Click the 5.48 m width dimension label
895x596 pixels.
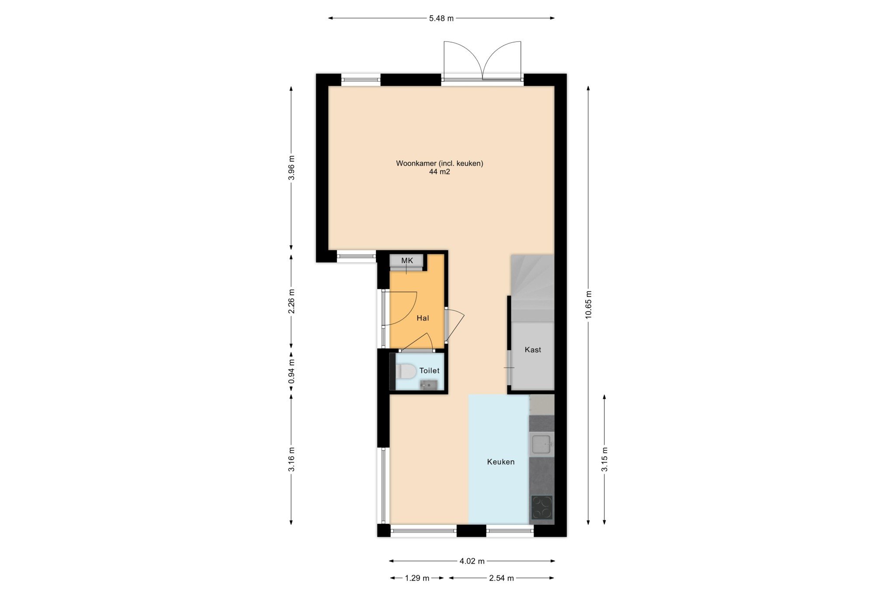(x=441, y=18)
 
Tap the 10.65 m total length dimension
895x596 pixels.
(x=589, y=305)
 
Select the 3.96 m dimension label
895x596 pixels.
(x=291, y=168)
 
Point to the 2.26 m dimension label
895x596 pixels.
(x=291, y=301)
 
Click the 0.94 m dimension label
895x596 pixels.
(x=291, y=371)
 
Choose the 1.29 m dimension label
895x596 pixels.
(x=417, y=578)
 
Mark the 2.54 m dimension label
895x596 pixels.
(x=501, y=578)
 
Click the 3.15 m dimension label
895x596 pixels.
(x=605, y=459)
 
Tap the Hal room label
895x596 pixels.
(x=423, y=318)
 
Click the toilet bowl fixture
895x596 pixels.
(x=406, y=372)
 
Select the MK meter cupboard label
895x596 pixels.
(x=407, y=261)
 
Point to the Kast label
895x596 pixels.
(x=533, y=350)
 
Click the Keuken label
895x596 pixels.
(x=501, y=462)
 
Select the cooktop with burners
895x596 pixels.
(x=542, y=507)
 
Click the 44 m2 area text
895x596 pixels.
(x=440, y=172)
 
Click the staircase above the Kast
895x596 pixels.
(x=533, y=288)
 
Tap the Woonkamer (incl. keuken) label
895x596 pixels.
(x=440, y=164)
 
